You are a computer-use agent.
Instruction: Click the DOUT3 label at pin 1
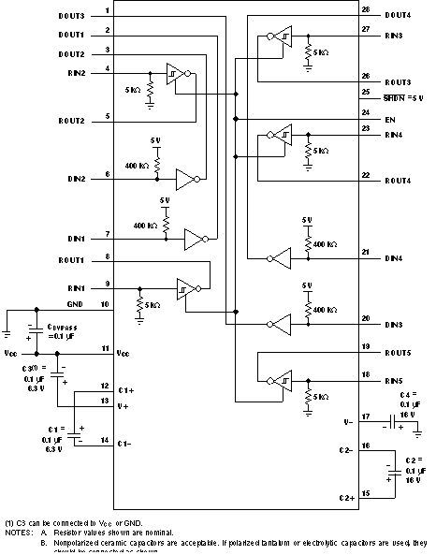71,16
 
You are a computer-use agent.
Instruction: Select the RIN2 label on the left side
75,71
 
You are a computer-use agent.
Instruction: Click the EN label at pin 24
390,119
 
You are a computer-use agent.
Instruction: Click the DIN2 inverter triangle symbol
187,177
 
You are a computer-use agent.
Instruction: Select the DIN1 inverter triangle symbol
195,237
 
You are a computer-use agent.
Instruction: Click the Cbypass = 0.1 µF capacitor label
64,329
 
